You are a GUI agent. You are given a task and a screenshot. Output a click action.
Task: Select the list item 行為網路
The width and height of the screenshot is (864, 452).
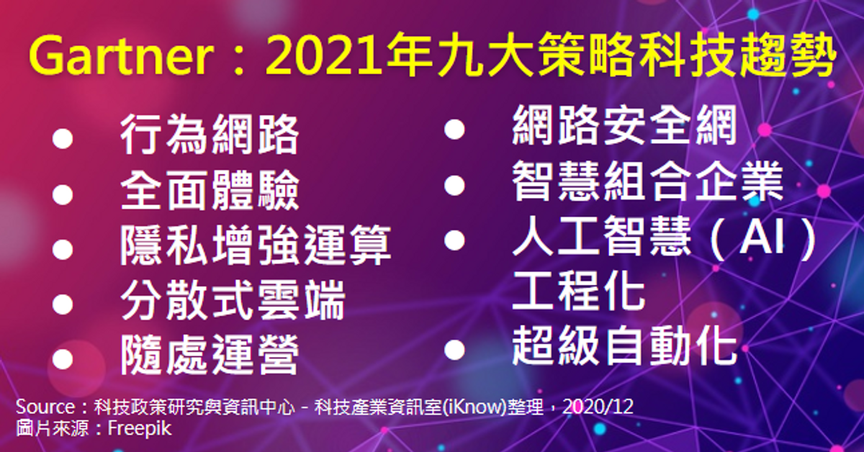[210, 135]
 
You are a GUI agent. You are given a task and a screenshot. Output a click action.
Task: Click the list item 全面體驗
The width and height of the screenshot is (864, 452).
[210, 190]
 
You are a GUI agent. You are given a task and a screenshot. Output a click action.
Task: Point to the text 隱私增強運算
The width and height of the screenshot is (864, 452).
[256, 245]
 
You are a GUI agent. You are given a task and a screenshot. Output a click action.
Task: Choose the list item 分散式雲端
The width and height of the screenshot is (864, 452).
[233, 300]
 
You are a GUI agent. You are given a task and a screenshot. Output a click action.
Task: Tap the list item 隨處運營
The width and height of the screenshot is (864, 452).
[210, 356]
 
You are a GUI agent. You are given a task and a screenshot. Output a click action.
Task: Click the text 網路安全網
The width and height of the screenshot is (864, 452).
[624, 126]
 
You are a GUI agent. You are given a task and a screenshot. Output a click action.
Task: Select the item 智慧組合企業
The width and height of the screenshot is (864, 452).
[647, 181]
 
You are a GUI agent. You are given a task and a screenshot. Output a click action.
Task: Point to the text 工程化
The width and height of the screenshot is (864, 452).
[579, 291]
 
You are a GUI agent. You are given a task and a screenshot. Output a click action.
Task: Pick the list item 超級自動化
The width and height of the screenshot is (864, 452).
[624, 346]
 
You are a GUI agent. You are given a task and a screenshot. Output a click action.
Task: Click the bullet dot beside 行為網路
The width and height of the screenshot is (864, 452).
[63, 138]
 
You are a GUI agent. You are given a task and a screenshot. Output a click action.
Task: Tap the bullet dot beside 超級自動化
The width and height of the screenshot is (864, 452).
[454, 349]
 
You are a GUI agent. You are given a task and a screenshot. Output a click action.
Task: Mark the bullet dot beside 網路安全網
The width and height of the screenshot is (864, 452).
[454, 130]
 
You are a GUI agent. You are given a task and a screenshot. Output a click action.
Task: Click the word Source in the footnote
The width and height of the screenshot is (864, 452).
[45, 407]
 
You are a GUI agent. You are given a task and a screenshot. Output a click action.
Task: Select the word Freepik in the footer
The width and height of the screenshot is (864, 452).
[139, 428]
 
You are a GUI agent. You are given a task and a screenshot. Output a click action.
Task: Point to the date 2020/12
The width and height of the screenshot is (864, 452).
[598, 407]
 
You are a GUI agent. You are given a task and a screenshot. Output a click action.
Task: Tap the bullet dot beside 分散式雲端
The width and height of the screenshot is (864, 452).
[63, 304]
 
